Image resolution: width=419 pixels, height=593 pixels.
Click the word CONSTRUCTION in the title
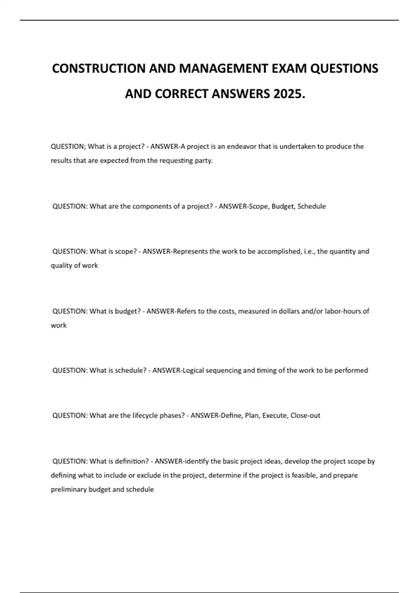99,68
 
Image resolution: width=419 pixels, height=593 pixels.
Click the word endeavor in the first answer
241,147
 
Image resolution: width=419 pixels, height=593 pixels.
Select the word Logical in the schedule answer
193,370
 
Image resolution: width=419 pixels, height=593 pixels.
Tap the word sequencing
223,370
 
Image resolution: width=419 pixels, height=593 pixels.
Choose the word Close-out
305,415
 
